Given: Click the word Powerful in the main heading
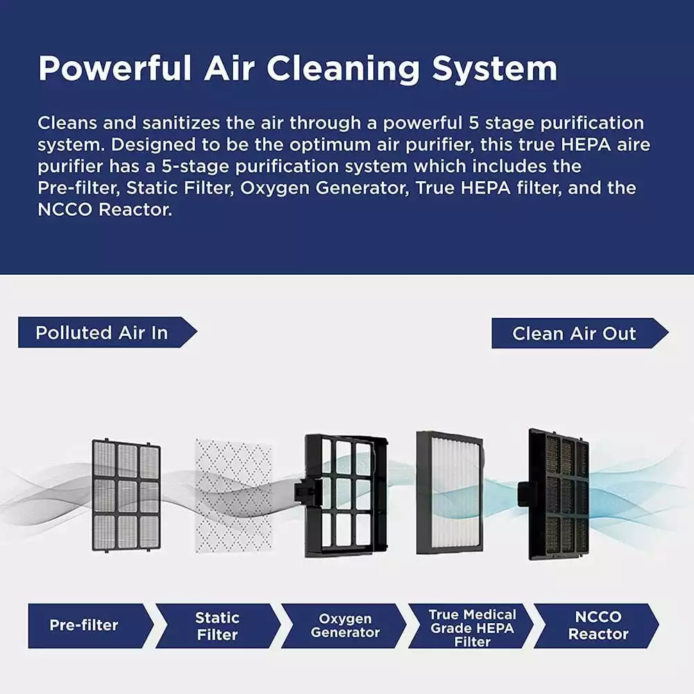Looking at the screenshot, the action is pyautogui.click(x=115, y=68).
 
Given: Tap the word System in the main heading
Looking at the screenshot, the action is pyautogui.click(x=494, y=69).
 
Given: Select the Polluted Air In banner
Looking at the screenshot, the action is pyautogui.click(x=108, y=332).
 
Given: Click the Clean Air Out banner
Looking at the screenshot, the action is pyautogui.click(x=579, y=333).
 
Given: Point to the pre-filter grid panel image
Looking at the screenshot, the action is pyautogui.click(x=126, y=496).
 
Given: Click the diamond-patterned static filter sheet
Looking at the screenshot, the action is pyautogui.click(x=233, y=496).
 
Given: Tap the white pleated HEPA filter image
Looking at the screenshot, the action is pyautogui.click(x=450, y=493).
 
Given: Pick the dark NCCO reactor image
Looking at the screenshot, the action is pyautogui.click(x=555, y=494).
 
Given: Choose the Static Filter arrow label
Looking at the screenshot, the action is pyautogui.click(x=218, y=626).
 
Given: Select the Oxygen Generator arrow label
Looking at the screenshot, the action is pyautogui.click(x=344, y=626).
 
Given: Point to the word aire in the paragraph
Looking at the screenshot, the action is pyautogui.click(x=634, y=145).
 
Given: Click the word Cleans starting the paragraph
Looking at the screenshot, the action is pyautogui.click(x=67, y=123).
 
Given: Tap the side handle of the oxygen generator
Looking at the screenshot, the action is pyautogui.click(x=305, y=492).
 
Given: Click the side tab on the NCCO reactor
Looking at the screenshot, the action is pyautogui.click(x=526, y=494).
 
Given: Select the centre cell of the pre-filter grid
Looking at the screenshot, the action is pyautogui.click(x=127, y=496).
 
